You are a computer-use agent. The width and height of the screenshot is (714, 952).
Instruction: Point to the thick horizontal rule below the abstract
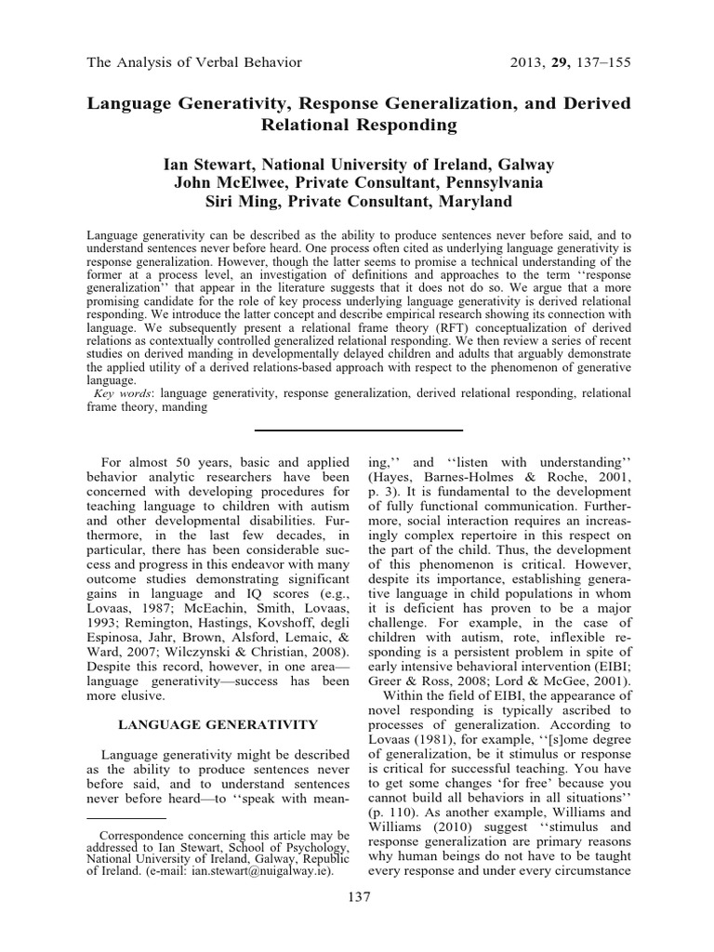tap(358, 430)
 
